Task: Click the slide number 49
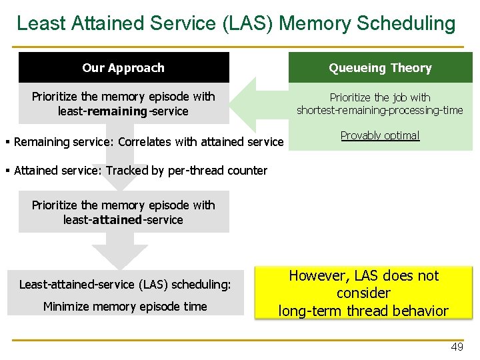[x=457, y=347]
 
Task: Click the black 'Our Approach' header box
[x=123, y=68]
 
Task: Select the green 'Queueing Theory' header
[x=380, y=68]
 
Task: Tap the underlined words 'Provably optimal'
[x=380, y=135]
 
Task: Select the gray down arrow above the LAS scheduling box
[x=120, y=253]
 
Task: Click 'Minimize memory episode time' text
[x=125, y=307]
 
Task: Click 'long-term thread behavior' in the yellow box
[x=363, y=311]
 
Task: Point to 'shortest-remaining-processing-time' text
[x=379, y=111]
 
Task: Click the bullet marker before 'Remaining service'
[x=7, y=141]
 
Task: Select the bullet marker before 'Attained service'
[x=7, y=171]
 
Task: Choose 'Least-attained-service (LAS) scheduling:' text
[x=125, y=285]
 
